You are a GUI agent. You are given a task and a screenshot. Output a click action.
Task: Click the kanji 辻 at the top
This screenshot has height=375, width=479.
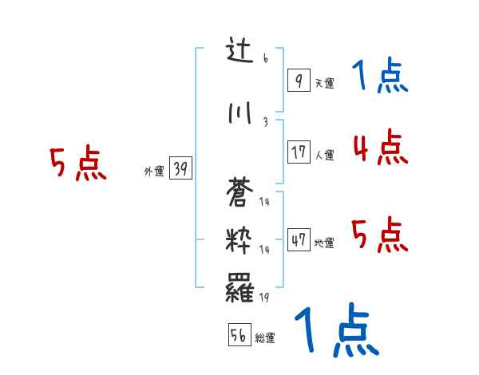(239, 53)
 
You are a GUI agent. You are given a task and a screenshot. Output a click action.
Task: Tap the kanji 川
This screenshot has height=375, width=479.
(239, 114)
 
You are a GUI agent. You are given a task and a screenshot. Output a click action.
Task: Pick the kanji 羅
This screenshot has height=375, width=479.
(240, 288)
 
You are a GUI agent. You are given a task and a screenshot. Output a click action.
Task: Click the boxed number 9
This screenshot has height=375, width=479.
(298, 81)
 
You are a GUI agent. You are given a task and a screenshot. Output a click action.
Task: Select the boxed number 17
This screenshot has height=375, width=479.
(299, 152)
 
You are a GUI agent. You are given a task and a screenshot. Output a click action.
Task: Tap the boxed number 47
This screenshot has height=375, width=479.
(299, 240)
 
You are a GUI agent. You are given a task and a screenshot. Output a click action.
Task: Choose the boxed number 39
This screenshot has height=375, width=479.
(180, 169)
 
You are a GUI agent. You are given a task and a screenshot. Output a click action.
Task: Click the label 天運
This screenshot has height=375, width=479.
(324, 83)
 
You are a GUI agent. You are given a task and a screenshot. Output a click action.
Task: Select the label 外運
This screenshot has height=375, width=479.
(153, 172)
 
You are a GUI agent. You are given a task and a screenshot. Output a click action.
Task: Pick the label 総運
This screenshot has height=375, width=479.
(265, 338)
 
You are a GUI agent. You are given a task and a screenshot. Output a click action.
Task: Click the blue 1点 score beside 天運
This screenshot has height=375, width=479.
(379, 77)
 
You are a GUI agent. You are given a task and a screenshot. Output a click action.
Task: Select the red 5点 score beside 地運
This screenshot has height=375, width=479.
(380, 235)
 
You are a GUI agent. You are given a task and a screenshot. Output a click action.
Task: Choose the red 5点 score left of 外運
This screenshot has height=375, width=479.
(77, 164)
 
